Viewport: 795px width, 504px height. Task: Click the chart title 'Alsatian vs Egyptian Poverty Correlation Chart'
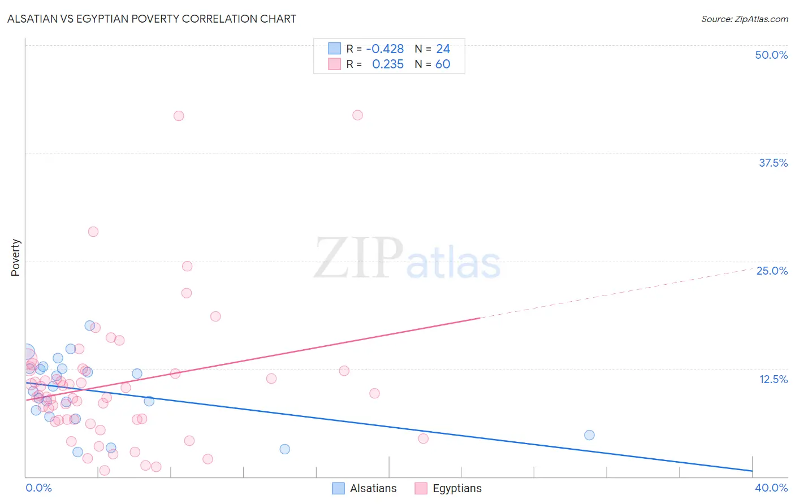point(152,19)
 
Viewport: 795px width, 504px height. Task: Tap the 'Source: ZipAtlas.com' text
point(744,19)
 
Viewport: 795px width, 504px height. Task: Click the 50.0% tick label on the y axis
point(771,55)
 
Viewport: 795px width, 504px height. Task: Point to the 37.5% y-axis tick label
point(773,163)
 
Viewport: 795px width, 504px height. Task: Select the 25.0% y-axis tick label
point(772,271)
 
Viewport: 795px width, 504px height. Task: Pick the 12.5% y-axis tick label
point(773,379)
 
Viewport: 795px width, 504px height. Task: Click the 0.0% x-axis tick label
point(38,488)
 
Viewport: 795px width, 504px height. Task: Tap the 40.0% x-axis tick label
point(771,488)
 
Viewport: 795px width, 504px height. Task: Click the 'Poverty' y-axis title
point(15,258)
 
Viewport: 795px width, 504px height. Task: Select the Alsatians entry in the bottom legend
point(364,488)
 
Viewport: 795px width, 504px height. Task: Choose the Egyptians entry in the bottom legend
point(448,488)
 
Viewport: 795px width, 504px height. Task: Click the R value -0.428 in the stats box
point(385,49)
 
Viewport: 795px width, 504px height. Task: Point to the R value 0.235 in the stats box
point(388,64)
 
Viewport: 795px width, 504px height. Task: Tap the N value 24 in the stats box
point(443,49)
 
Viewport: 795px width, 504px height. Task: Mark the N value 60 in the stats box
point(443,64)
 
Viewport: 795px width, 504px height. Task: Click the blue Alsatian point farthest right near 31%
point(589,435)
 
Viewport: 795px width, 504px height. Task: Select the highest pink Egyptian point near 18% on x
point(357,115)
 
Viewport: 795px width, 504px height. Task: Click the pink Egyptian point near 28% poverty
point(93,232)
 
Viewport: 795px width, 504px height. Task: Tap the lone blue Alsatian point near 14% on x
point(284,449)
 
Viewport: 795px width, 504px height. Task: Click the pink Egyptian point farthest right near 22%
point(423,438)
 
